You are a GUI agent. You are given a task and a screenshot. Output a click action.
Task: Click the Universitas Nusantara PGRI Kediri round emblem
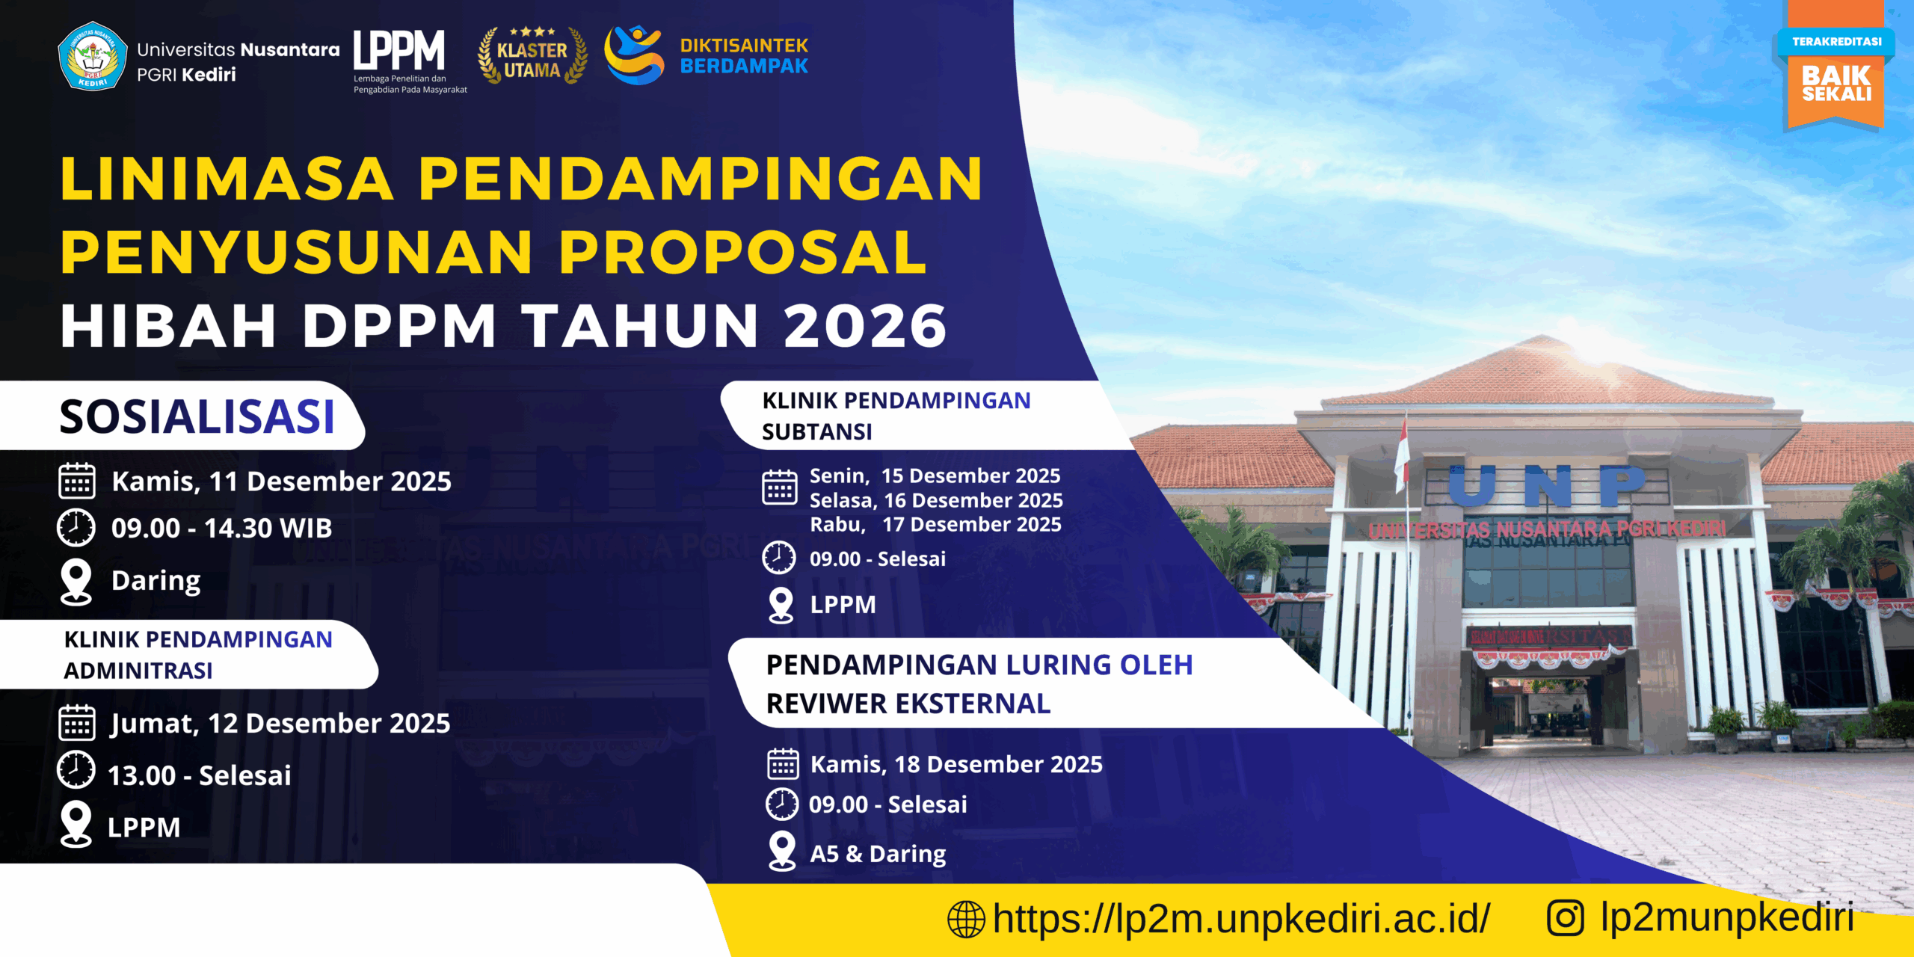(x=92, y=56)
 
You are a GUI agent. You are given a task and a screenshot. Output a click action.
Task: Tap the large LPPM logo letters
(x=399, y=50)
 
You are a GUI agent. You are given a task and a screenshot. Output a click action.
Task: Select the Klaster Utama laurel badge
(x=532, y=55)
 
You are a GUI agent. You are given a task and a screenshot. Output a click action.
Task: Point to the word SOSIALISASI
(x=197, y=416)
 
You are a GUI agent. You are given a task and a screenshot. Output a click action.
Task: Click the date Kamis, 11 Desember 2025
(x=281, y=481)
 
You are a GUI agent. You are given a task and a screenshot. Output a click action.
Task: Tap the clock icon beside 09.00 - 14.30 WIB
(x=76, y=528)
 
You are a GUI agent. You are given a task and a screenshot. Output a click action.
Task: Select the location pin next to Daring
(x=76, y=582)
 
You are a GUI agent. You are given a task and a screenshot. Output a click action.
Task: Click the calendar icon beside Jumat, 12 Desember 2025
(x=76, y=722)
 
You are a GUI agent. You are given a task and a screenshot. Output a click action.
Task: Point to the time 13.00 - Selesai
(x=200, y=775)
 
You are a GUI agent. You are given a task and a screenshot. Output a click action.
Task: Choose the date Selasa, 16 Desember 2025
(x=936, y=500)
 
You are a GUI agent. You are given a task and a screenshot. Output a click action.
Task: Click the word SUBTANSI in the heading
(x=817, y=431)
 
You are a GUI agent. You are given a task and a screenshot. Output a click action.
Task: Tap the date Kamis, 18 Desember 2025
(x=956, y=764)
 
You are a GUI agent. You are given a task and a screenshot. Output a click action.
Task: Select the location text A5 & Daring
(x=878, y=854)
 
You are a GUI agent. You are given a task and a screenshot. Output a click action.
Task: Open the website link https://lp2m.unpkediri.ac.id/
(x=1241, y=918)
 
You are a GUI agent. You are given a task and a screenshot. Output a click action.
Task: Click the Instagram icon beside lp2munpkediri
(x=1566, y=918)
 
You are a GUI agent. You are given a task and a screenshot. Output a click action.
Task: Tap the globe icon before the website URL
(x=966, y=919)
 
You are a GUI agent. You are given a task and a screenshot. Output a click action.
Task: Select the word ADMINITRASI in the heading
(x=138, y=671)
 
